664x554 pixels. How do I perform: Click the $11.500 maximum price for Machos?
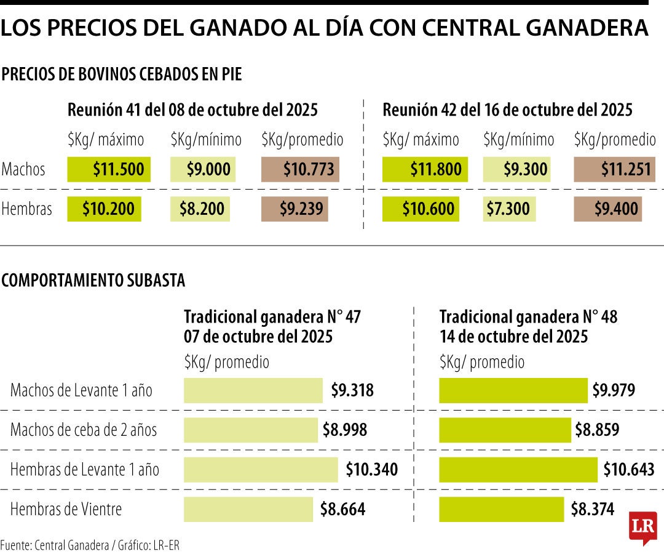109,169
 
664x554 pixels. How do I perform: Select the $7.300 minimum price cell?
509,209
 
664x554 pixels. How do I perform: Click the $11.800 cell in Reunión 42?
425,169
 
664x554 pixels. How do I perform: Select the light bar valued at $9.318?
253,390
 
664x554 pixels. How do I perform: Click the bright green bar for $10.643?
518,470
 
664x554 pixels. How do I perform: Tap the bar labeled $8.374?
502,509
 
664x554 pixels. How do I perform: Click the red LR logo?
642,527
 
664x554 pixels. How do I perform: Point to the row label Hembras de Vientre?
66,509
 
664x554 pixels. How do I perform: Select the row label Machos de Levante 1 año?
81,390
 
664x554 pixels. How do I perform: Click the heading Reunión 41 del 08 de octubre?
192,110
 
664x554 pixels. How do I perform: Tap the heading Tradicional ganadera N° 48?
528,317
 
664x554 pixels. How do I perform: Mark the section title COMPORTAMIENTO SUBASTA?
93,281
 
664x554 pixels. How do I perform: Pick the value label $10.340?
371,470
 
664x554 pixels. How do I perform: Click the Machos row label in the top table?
24,169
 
